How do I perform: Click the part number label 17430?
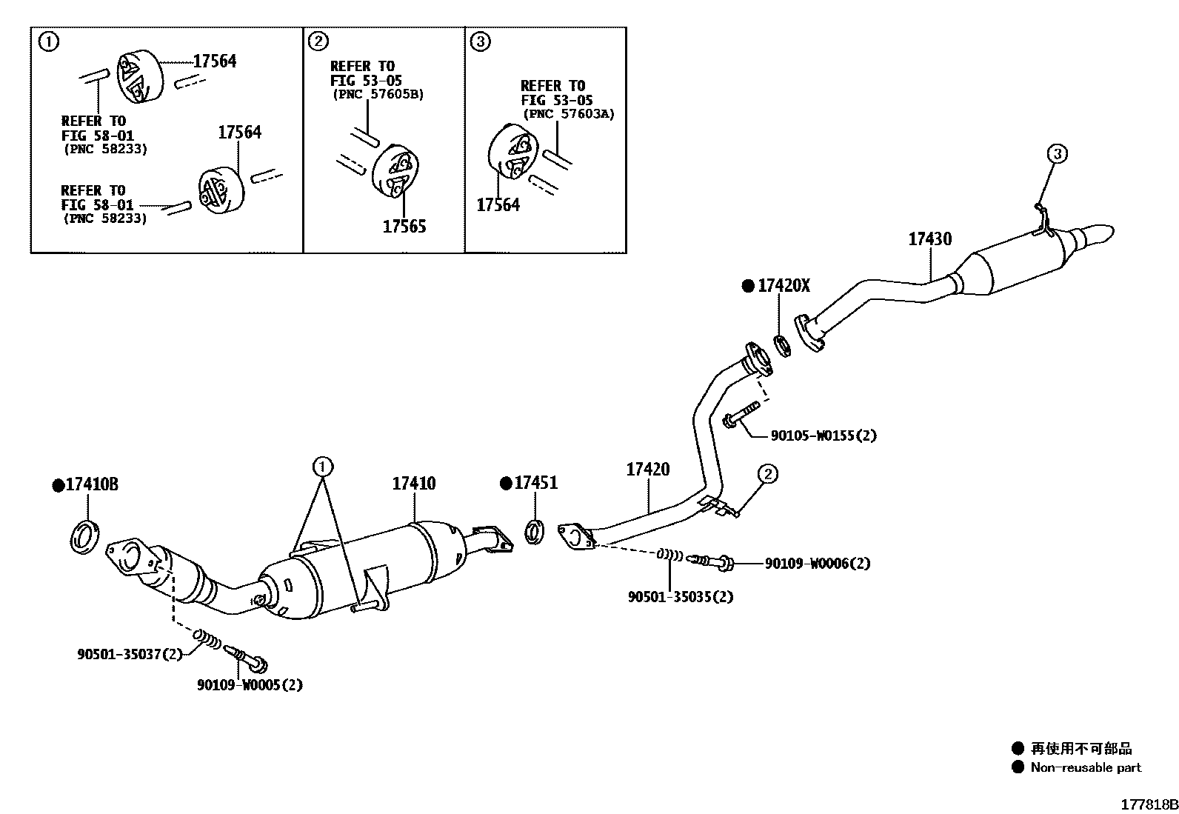click(930, 239)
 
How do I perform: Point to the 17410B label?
click(91, 485)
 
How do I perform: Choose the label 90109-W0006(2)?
click(817, 564)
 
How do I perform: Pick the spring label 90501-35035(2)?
click(680, 596)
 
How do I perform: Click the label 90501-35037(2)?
click(130, 654)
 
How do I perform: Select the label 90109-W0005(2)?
click(250, 685)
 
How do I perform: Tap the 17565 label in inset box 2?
click(404, 227)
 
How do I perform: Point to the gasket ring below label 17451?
click(535, 532)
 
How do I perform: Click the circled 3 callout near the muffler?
click(1057, 154)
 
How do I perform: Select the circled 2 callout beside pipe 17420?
click(767, 473)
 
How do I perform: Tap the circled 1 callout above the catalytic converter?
click(322, 467)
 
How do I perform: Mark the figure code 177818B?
click(1148, 804)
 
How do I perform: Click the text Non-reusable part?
click(1086, 767)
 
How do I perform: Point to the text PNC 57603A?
click(569, 114)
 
